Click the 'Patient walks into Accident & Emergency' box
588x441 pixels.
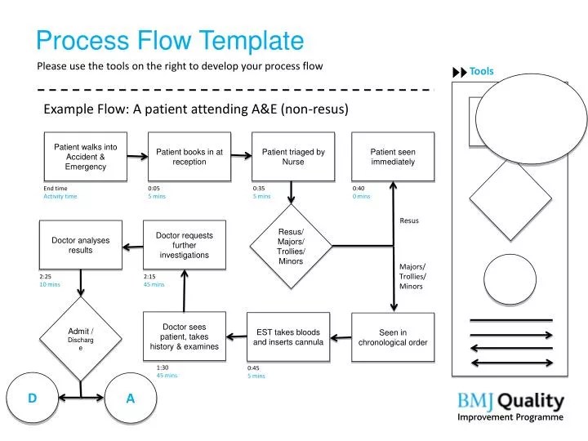coord(86,156)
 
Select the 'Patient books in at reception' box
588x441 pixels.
coord(189,156)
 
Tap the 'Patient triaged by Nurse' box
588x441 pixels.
coord(293,156)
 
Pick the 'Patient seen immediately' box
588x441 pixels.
coord(393,156)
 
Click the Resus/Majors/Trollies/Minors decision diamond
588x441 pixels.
coord(291,246)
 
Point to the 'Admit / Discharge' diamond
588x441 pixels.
coord(81,339)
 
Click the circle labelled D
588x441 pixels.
coord(32,398)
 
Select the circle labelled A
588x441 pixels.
coord(131,398)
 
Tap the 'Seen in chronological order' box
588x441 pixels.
coord(393,337)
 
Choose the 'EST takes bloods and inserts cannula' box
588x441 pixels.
coord(288,336)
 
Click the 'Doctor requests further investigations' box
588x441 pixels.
coord(185,245)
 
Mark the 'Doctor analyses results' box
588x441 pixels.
coord(81,245)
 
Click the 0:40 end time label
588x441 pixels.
coord(359,189)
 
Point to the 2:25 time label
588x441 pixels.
coord(45,276)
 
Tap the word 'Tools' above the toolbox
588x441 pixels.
coord(482,71)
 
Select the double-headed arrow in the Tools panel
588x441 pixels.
coord(511,363)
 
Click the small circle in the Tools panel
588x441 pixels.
coord(510,279)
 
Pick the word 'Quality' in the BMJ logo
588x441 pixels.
coord(531,402)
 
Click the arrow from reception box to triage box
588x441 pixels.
coord(242,155)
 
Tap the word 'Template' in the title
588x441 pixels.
coord(252,40)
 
